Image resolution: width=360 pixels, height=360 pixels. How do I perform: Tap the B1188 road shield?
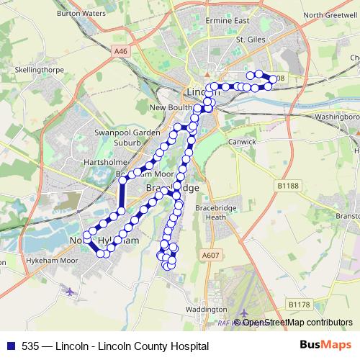pos(287,185)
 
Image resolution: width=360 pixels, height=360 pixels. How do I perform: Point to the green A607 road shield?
pos(210,255)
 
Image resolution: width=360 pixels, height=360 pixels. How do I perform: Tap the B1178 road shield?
pos(297,305)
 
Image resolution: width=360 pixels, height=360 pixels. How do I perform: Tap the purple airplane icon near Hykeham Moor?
pos(69,292)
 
